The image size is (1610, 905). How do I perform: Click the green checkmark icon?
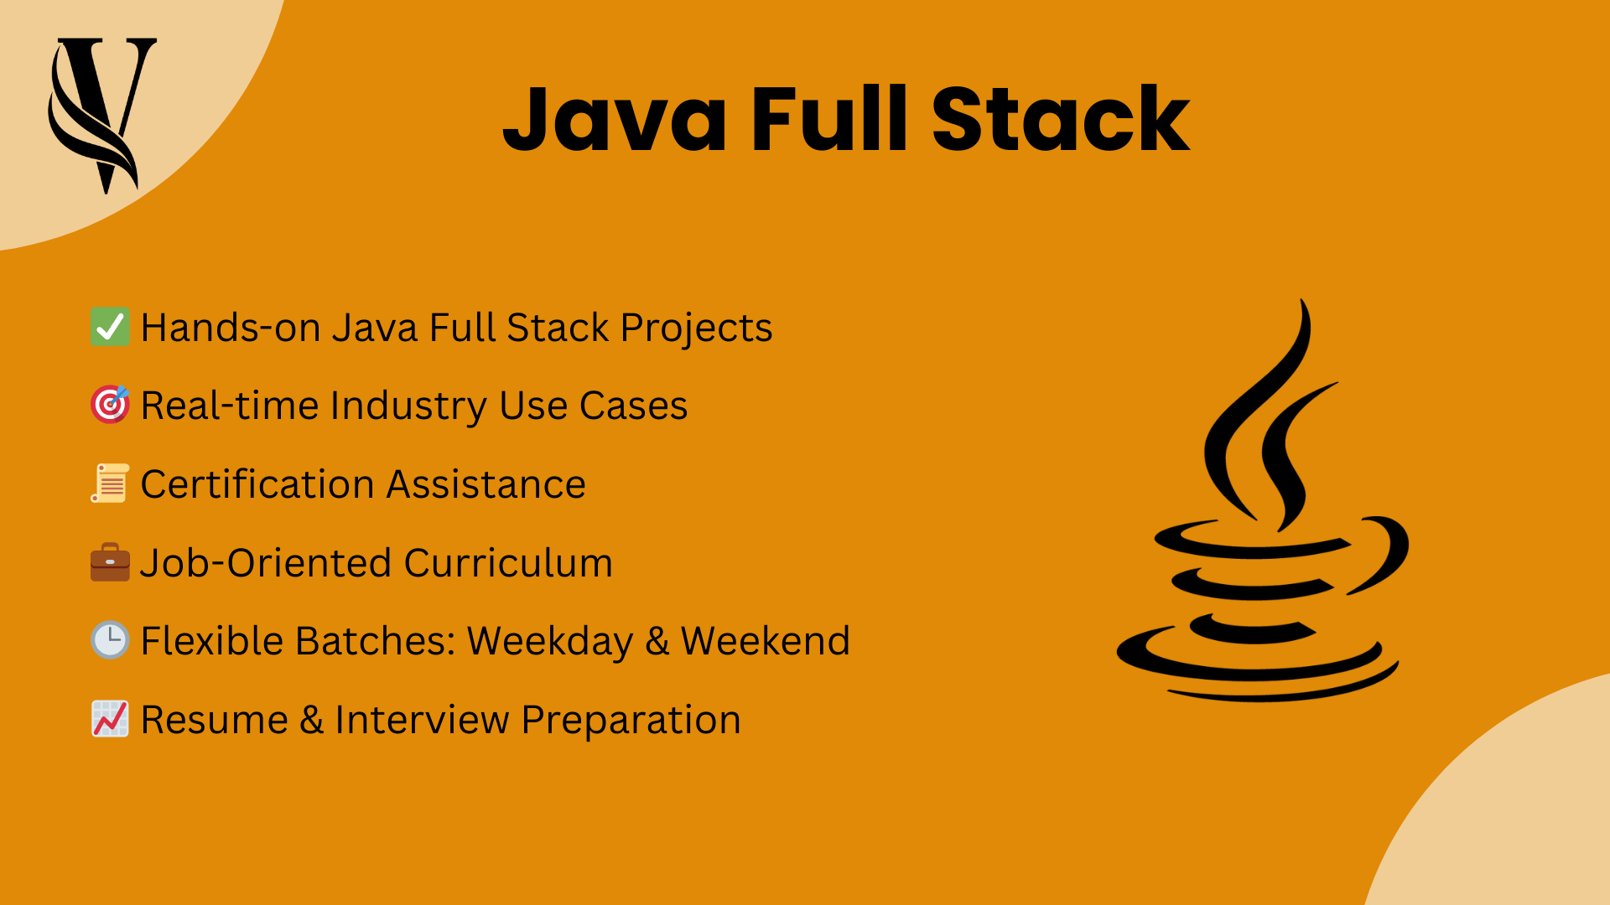[110, 327]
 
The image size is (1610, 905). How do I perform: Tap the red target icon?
[110, 405]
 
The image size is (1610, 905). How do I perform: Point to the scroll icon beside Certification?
[110, 484]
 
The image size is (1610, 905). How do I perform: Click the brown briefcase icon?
[110, 562]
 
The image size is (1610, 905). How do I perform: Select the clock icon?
[110, 640]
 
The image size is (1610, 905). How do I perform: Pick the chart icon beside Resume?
[110, 719]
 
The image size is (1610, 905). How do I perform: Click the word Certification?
[257, 484]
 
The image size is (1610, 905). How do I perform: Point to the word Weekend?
[765, 641]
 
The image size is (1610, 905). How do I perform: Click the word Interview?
[422, 720]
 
